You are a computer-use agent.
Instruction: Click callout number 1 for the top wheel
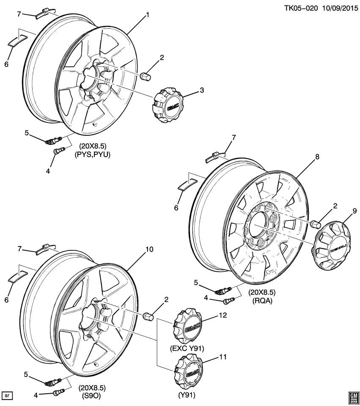coord(148,15)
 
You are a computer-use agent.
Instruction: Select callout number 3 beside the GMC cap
coord(202,90)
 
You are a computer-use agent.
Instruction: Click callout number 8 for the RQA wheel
coord(317,156)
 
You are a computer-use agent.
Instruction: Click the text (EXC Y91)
coord(187,348)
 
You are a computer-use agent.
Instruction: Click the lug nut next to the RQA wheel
coord(314,223)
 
